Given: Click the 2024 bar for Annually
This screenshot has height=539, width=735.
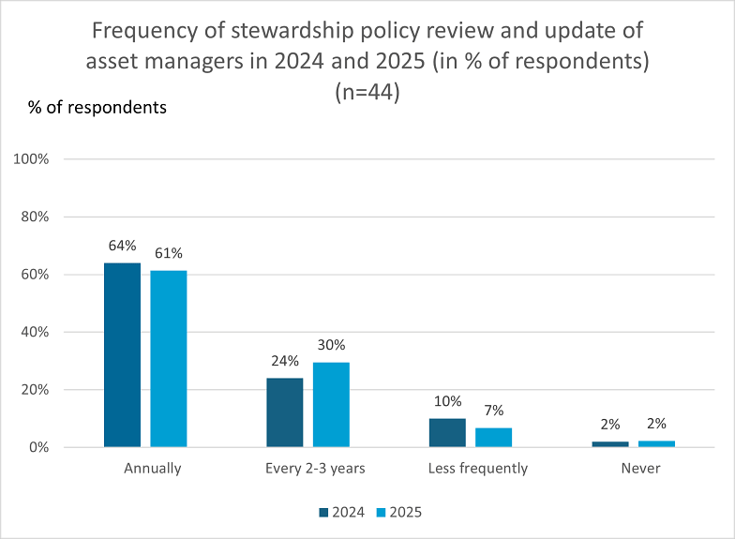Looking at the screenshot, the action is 122,354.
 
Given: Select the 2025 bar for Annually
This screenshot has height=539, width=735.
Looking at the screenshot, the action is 169,358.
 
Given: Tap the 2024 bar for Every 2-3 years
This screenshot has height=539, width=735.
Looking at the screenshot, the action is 285,412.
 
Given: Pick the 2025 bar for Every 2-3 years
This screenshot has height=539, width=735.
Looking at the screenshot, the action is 332,405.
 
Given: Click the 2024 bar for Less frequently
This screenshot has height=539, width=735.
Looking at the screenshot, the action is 448,433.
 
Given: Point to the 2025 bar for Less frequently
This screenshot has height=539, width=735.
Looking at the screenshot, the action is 493,437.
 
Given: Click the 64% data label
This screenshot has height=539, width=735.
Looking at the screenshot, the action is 122,246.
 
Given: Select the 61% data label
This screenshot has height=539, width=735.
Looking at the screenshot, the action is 169,253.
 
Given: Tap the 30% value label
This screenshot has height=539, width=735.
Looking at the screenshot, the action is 332,345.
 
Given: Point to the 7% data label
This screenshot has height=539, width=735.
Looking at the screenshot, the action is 494,411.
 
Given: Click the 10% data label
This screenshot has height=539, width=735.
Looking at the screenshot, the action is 448,401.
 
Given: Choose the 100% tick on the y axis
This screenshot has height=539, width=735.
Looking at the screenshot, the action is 31,159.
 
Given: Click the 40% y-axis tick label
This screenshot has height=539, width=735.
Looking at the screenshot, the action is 35,332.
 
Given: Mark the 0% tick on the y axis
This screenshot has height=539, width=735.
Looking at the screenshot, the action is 39,448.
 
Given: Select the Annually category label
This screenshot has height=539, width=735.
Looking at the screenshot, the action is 152,469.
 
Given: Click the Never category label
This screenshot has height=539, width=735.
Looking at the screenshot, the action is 641,469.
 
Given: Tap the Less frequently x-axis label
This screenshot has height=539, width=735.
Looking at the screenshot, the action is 478,469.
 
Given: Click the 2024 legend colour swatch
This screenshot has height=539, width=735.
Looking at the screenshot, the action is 323,513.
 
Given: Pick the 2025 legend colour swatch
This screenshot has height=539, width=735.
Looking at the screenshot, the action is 381,513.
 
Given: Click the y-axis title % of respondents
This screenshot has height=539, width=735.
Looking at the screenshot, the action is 97,108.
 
